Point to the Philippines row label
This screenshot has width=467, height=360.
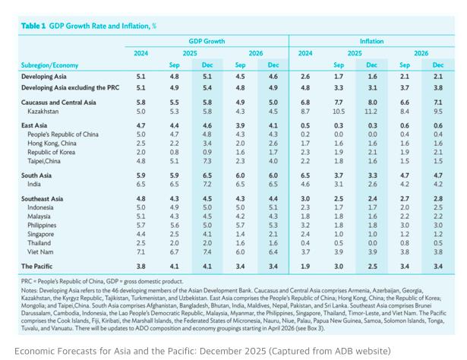(x=43, y=225)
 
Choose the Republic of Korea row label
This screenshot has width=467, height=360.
(x=53, y=151)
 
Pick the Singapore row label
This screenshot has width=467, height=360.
(x=41, y=234)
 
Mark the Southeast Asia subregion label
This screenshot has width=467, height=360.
(x=45, y=198)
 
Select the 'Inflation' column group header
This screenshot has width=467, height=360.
(x=371, y=41)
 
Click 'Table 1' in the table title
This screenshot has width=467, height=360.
(x=33, y=26)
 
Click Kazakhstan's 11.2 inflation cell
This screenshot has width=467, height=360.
(x=372, y=111)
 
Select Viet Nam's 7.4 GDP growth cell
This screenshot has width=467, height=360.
(x=207, y=251)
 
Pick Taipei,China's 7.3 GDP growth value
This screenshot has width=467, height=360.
(x=207, y=160)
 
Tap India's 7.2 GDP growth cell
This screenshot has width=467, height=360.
(x=207, y=184)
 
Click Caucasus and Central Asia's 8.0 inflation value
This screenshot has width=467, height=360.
(x=372, y=102)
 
